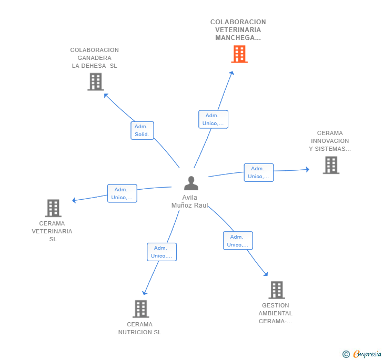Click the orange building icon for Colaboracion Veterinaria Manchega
click(x=239, y=54)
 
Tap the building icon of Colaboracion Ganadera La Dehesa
click(x=95, y=82)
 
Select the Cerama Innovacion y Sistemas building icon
click(x=331, y=165)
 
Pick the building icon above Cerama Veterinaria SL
click(x=53, y=208)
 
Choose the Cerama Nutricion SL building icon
click(x=140, y=309)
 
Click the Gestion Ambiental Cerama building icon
click(x=276, y=290)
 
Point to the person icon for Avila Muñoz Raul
click(x=191, y=183)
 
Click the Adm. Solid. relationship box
click(x=142, y=130)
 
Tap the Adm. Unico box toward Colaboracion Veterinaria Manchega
click(x=213, y=119)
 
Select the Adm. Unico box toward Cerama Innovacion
click(x=258, y=172)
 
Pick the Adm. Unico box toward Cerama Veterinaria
click(x=122, y=193)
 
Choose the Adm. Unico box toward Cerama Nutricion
click(x=162, y=252)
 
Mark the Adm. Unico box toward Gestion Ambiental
click(x=238, y=241)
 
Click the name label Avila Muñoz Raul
click(x=190, y=201)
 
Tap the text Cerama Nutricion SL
click(x=140, y=328)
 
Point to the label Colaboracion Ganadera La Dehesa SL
click(x=95, y=58)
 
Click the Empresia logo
click(x=367, y=354)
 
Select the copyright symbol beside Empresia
click(x=346, y=354)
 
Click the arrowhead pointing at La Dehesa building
click(x=106, y=95)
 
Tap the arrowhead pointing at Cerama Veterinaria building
click(x=74, y=200)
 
